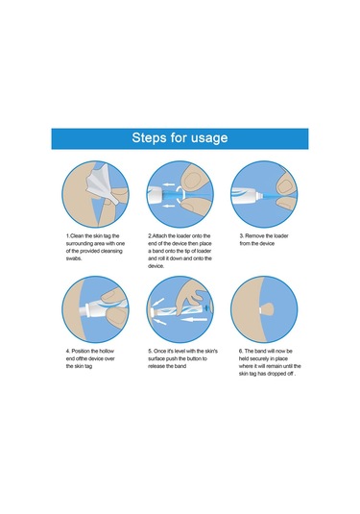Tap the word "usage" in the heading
point(209,138)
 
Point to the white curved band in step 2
point(180,194)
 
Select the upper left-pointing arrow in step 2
point(168,184)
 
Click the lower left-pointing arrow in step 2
point(168,206)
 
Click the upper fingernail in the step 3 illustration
point(284,185)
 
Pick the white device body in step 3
point(248,195)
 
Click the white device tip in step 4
point(88,309)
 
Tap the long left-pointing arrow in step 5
point(195,319)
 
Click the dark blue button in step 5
point(206,308)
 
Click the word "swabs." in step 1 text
point(74,258)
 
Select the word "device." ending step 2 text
point(156,266)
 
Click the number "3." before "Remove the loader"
point(242,235)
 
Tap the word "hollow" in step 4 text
point(107,351)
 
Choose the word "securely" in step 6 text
point(259,358)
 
